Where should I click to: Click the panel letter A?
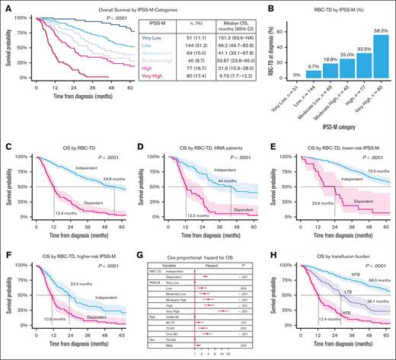pyautogui.click(x=5, y=5)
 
